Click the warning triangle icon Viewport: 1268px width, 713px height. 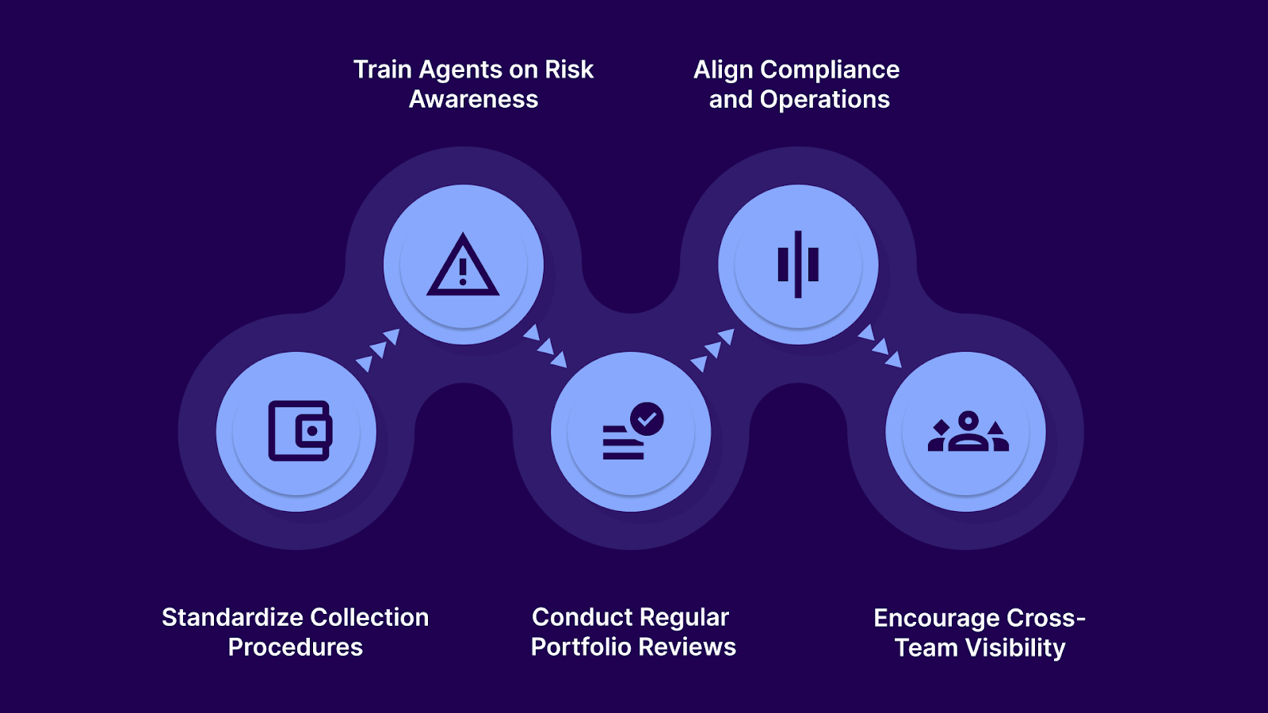[x=463, y=265]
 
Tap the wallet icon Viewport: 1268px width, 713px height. [x=300, y=431]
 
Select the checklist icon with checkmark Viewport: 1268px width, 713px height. [x=632, y=432]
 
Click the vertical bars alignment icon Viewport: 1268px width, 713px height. [x=798, y=265]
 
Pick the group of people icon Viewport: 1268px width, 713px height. [x=968, y=432]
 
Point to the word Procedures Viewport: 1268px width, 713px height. [x=296, y=647]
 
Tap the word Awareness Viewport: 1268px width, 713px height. [x=473, y=99]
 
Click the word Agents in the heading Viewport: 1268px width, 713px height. [x=460, y=70]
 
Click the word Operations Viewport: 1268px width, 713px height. [x=824, y=99]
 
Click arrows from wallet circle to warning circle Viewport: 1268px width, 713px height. [x=378, y=349]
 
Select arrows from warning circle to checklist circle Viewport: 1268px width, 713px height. [x=545, y=346]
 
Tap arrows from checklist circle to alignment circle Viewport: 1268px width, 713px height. [x=712, y=349]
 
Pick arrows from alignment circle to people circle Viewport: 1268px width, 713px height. [x=880, y=346]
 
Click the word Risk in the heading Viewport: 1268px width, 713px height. [x=569, y=70]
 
